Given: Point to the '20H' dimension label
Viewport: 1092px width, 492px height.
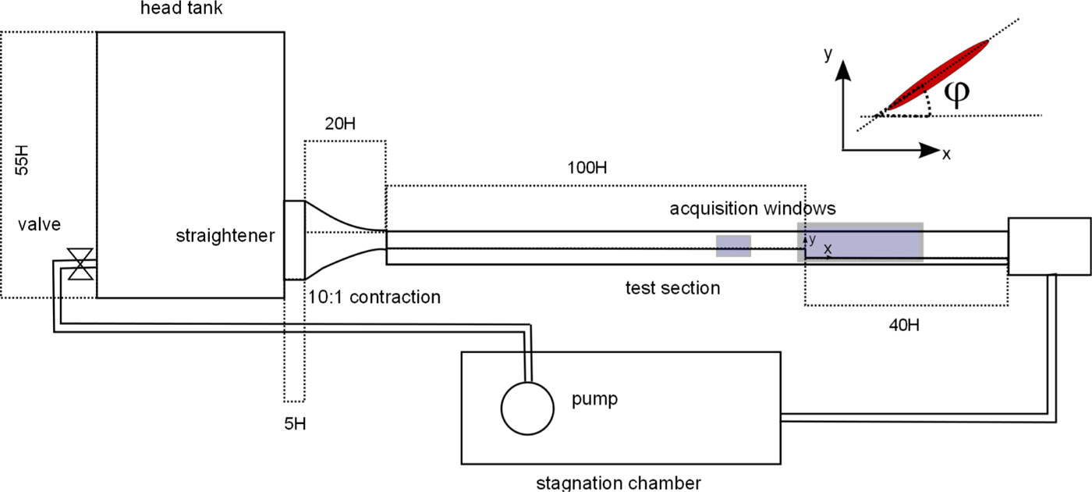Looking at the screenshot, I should pos(342,124).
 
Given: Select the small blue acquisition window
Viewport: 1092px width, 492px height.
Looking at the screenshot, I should pos(733,246).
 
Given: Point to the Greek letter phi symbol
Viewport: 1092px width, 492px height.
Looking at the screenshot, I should pos(956,91).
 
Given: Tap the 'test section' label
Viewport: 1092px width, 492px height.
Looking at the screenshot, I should pos(672,288).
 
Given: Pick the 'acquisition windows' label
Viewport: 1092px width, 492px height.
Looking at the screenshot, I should pos(752,209).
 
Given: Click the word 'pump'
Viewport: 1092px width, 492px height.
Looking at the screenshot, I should pos(594,399).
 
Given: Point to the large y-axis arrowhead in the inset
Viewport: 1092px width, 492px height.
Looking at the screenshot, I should pos(842,72).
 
